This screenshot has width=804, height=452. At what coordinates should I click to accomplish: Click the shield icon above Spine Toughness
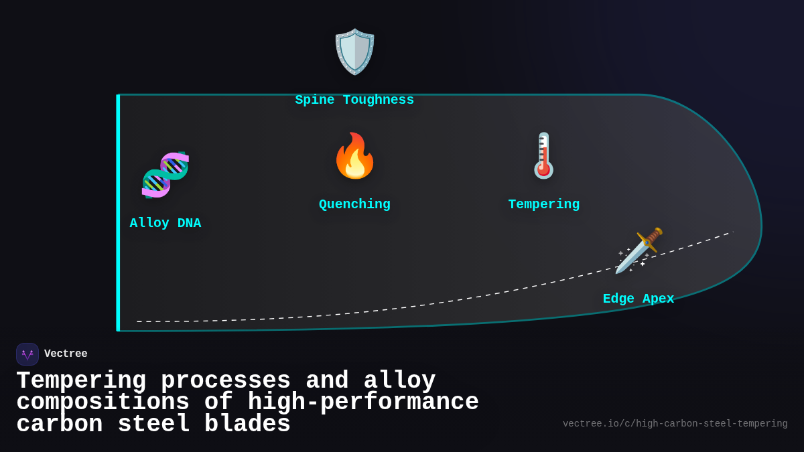(354, 52)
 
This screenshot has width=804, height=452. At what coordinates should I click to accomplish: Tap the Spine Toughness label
(354, 100)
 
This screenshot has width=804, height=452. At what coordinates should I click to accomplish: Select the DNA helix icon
(165, 175)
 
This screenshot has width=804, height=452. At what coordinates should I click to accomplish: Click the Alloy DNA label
(165, 223)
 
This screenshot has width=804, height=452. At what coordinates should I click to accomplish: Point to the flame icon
(354, 156)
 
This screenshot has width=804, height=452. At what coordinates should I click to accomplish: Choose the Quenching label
(354, 204)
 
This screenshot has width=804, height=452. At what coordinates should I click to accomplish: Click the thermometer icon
(543, 156)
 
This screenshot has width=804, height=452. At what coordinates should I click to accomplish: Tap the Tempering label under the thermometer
(543, 204)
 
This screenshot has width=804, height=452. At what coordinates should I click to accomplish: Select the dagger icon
(639, 250)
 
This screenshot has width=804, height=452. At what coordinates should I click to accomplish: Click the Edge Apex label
(639, 299)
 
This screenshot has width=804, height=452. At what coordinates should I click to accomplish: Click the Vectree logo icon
(27, 354)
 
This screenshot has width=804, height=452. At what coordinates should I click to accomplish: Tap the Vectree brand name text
(66, 354)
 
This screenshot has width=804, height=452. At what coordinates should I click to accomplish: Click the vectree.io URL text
(675, 424)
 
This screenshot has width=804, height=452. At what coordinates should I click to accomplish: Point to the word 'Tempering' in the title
(81, 381)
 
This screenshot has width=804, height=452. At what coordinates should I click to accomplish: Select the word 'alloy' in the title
(399, 381)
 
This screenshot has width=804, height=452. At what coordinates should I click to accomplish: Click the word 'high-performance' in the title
(363, 402)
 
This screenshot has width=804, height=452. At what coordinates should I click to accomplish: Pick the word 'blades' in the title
(247, 425)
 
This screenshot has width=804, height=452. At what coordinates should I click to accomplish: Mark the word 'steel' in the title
(153, 425)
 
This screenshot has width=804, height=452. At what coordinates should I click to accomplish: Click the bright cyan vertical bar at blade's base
(118, 213)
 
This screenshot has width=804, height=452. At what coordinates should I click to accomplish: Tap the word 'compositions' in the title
(103, 402)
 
